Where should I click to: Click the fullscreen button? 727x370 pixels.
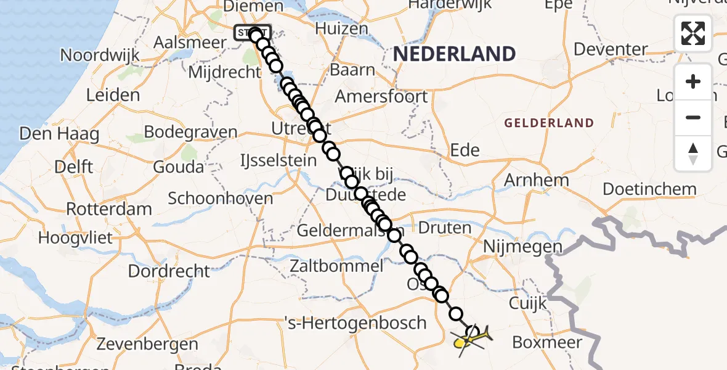coord(693,33)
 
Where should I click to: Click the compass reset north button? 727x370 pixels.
coord(693,154)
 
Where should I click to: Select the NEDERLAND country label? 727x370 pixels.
coord(454,54)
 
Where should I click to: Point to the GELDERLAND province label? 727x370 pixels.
coord(549,123)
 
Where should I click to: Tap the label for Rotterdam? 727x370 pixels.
coord(109,208)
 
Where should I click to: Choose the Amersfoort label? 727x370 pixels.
coord(381,97)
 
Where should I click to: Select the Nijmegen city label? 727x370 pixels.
coord(524,247)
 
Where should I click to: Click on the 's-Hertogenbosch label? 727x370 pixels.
coord(355,323)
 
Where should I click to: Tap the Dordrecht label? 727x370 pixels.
coord(169,271)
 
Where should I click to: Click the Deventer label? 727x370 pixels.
coord(611,49)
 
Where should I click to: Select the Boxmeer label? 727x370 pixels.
coord(547,342)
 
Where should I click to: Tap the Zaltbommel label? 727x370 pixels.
coord(338,266)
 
